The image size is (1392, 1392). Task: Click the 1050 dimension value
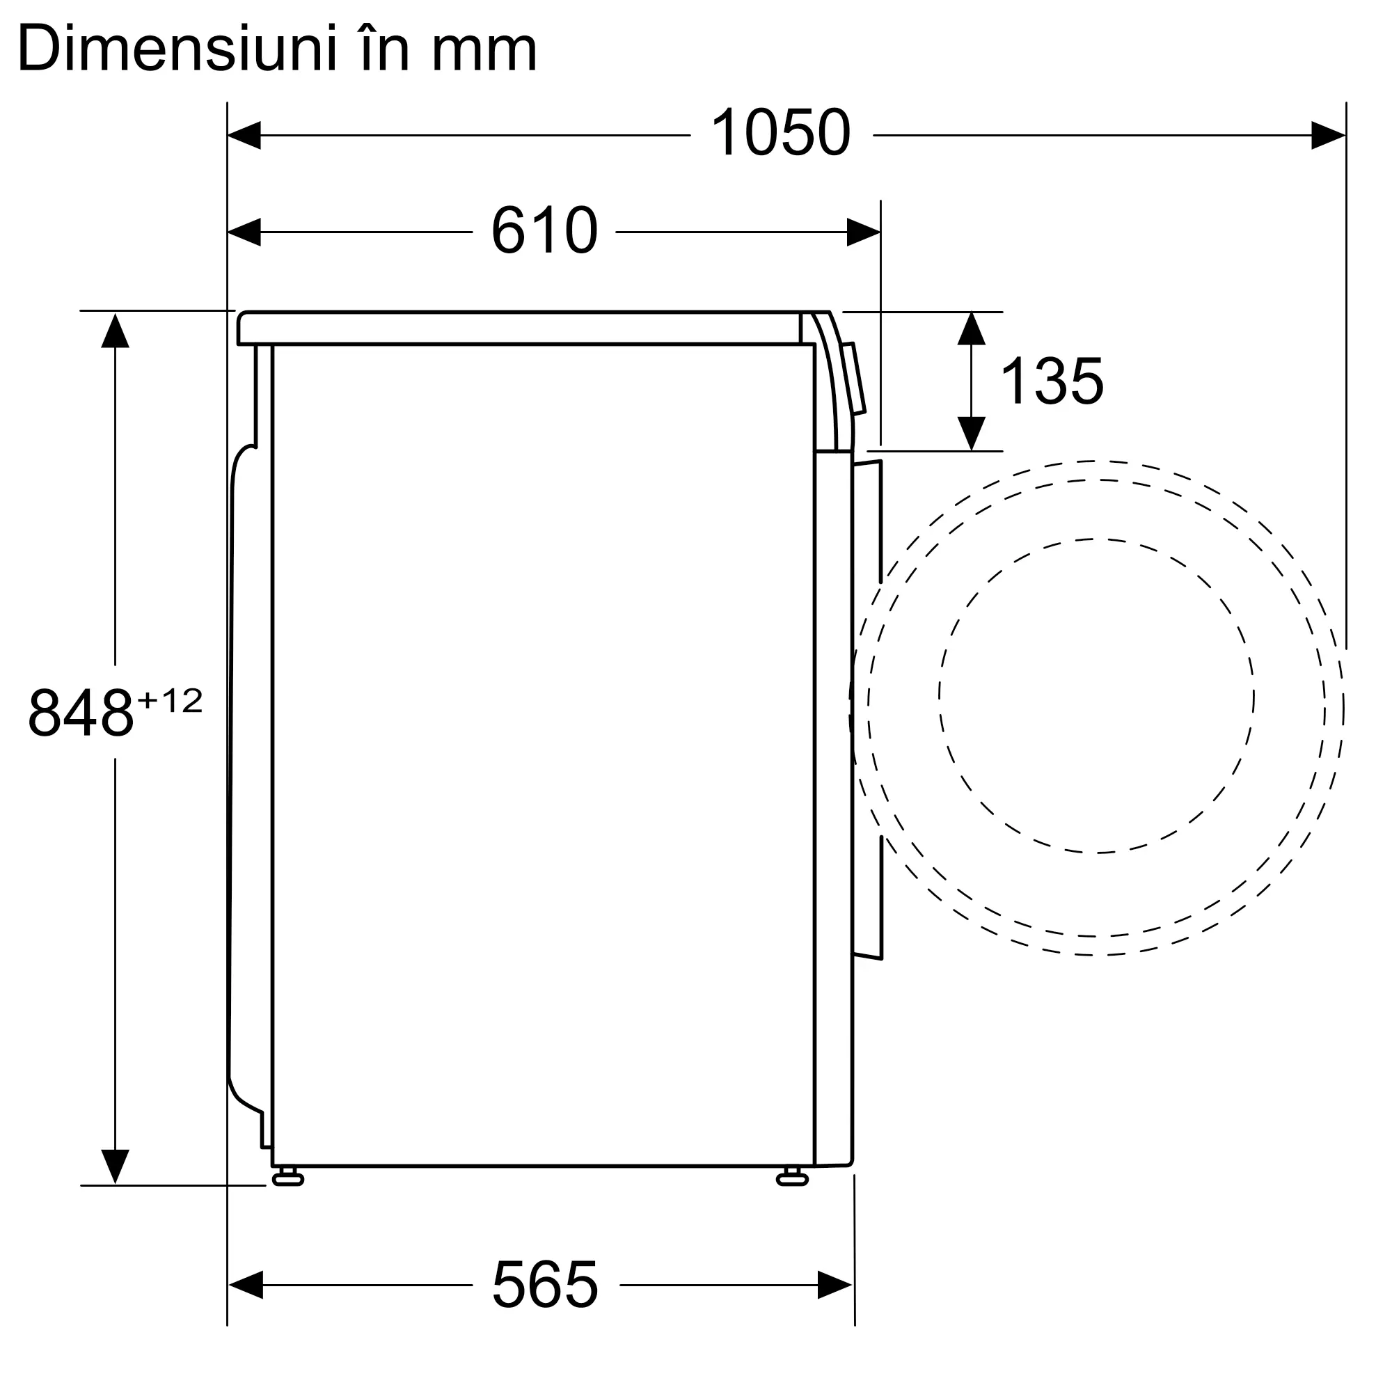pyautogui.click(x=780, y=132)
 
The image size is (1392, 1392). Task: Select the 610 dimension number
pyautogui.click(x=545, y=230)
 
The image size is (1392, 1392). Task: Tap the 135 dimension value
pyautogui.click(x=1052, y=381)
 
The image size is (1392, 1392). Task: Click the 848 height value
pyautogui.click(x=81, y=713)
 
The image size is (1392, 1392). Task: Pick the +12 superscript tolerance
pyautogui.click(x=170, y=701)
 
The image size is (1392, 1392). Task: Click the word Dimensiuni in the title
pyautogui.click(x=177, y=48)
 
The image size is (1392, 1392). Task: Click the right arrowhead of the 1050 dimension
pyautogui.click(x=1328, y=136)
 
